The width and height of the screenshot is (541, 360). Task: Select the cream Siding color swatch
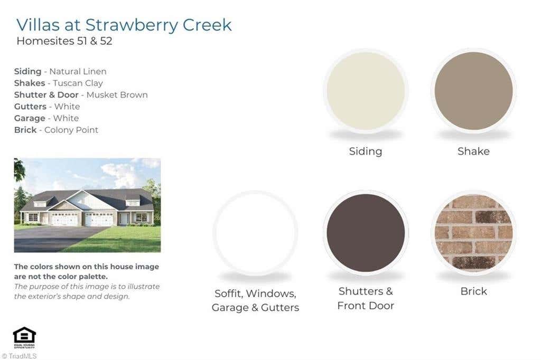366,91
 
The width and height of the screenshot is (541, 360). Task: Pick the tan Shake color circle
473,91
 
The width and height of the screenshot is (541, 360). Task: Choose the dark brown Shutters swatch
366,232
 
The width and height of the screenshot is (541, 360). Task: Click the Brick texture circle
473,232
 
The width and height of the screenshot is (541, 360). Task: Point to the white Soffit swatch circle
255,232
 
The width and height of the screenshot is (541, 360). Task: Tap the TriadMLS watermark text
20,356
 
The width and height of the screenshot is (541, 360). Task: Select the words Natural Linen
78,71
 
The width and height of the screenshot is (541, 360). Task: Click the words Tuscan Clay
78,83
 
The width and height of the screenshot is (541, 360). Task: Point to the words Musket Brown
117,95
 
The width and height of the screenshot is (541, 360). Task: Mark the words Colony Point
71,130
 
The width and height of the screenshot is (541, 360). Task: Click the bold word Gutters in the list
30,107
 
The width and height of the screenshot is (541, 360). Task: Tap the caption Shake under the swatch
473,151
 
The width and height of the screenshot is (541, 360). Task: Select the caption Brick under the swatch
473,291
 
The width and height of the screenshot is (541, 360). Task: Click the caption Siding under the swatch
366,151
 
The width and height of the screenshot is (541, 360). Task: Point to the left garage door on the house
64,219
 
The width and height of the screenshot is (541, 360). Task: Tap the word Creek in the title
207,25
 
